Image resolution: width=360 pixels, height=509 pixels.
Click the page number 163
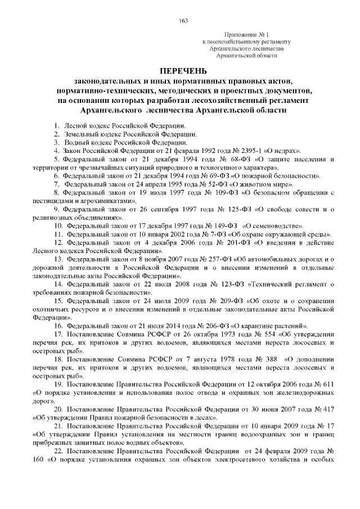coord(182,20)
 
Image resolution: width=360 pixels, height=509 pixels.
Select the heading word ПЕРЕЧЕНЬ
coord(183,72)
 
